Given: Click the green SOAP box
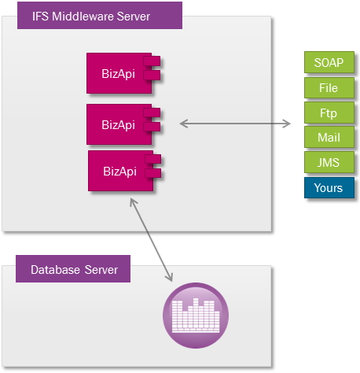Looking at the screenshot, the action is click(329, 62).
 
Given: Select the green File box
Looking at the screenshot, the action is click(329, 87).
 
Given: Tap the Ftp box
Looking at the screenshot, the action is click(329, 113).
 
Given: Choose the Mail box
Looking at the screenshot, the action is click(329, 137).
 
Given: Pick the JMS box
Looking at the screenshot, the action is click(329, 162).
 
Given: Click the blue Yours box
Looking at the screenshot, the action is click(329, 187).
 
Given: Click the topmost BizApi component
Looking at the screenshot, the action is click(123, 73).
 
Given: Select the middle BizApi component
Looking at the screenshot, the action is click(123, 124).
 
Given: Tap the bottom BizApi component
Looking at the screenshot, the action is click(124, 171).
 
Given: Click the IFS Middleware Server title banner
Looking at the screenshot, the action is click(100, 16).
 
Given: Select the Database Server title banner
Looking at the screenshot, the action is click(73, 269).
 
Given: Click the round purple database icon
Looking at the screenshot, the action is click(196, 316).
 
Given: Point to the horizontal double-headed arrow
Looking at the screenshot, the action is click(235, 124).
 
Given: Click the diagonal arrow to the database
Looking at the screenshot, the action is click(151, 240).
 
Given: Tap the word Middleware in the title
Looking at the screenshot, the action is click(83, 17).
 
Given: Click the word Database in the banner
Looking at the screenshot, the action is click(55, 270).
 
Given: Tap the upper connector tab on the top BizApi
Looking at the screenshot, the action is click(152, 61).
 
